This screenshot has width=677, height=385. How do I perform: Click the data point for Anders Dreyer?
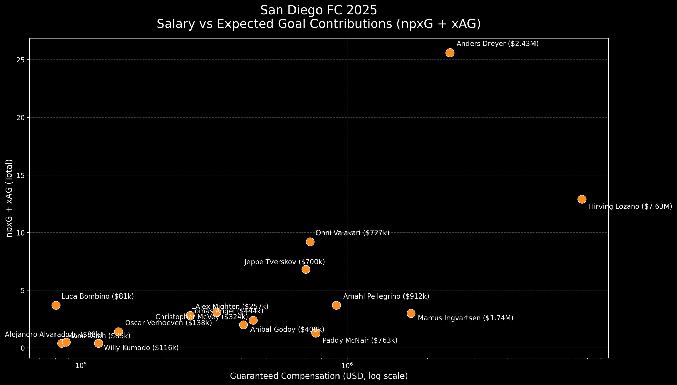pos(450,53)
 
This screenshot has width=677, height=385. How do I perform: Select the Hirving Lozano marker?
pos(582,199)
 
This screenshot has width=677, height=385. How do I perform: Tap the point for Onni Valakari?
pos(310,242)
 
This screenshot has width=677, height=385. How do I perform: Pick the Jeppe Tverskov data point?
pos(306,269)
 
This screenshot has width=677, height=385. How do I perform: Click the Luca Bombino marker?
pos(56,305)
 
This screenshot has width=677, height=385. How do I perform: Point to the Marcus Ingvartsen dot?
pos(411,313)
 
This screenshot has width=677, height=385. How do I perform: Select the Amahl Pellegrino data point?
pos(336,305)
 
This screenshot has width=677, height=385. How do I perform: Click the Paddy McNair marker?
pos(316,333)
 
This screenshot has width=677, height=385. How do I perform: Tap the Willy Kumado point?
pos(99,343)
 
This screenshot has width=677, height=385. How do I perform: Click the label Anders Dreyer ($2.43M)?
pos(497,44)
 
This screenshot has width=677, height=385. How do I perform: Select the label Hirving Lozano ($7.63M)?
pos(630,206)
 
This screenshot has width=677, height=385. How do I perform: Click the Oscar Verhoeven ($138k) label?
pos(168,323)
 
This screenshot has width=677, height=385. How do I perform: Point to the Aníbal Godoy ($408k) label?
pos(287,329)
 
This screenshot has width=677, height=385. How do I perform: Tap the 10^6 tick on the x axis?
pos(347,366)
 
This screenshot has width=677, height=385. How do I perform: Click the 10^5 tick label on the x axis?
pos(81,366)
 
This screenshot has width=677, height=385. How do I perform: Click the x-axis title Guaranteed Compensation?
pos(319,376)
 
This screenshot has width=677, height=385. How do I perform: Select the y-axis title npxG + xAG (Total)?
pos(10,198)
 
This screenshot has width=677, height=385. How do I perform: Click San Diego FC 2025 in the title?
pos(319,10)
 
